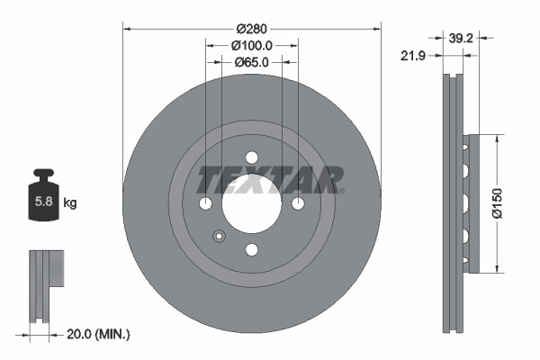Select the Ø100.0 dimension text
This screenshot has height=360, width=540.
coord(252,45)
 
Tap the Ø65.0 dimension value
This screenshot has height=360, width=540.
coord(252,63)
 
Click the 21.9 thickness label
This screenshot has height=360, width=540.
coord(412,56)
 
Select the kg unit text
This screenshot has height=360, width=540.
coord(70,203)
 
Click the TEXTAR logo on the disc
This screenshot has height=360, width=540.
coord(270,180)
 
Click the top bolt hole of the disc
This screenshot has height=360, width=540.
coord(252,157)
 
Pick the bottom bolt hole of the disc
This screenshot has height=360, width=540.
coord(252,249)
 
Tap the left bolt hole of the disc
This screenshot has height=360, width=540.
coord(206,203)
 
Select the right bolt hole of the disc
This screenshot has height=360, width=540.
coord(298,203)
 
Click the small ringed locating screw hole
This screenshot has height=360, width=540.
coord(219,237)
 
